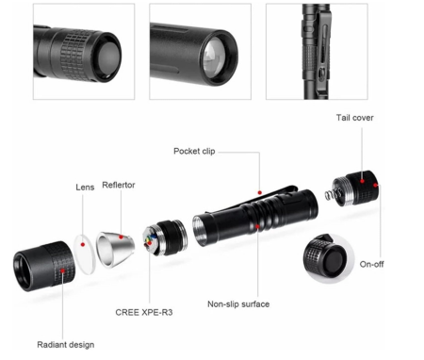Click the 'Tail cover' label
tap(355, 118)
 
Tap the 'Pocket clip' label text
tap(194, 151)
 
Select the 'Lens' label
tap(85, 188)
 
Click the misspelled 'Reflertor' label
tap(119, 185)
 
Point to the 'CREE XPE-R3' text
tap(144, 312)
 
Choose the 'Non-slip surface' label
tap(238, 304)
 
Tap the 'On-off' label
tap(371, 264)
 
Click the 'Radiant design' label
tap(66, 345)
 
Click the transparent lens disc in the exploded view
tap(84, 254)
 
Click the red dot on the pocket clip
tap(260, 192)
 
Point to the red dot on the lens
tap(83, 244)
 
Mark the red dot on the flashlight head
tap(63, 270)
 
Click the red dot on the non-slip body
tap(257, 226)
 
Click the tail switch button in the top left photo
tap(107, 57)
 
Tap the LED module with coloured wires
tap(164, 237)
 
